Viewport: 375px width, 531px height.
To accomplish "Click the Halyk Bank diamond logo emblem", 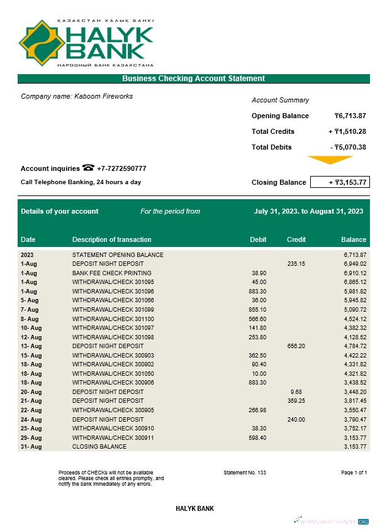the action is tap(42, 43).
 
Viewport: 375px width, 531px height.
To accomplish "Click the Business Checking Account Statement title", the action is tap(193, 79).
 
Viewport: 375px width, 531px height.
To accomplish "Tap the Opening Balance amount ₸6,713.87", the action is tap(350, 116).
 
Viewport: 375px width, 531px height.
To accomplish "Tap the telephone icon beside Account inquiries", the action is tap(88, 168).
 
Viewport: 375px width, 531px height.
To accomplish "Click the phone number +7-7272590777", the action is tap(121, 168).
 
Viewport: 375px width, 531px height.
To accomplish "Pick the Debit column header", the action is tap(258, 239).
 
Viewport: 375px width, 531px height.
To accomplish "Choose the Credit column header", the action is tap(296, 239).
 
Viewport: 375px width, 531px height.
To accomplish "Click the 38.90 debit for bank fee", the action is tap(259, 273).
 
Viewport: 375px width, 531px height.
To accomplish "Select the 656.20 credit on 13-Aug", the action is tap(296, 346).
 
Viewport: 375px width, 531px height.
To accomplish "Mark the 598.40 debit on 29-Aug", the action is tap(259, 437).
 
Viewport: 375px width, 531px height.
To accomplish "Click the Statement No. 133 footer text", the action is tap(245, 472).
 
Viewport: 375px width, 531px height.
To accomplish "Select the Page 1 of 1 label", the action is tap(354, 472).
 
